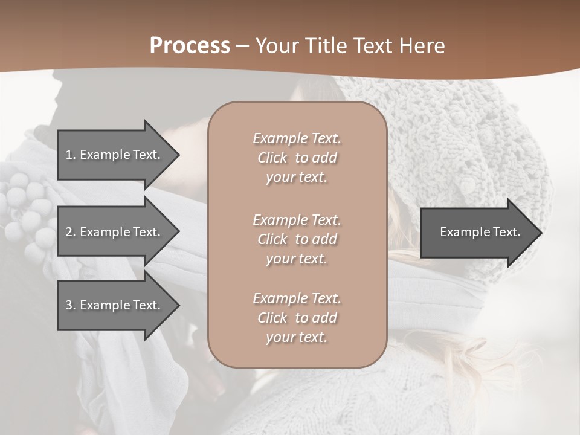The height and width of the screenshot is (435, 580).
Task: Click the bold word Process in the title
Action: [190, 46]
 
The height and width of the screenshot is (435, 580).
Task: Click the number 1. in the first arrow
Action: [70, 155]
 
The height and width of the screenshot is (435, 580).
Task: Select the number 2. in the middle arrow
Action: [70, 232]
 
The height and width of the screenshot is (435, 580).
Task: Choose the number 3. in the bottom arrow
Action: [70, 305]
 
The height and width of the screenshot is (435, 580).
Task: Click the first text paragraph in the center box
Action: [297, 158]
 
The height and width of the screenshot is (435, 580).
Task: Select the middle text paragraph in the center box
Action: [297, 239]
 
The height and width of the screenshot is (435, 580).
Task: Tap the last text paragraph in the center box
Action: [297, 318]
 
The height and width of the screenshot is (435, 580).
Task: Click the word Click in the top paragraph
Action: [272, 158]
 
